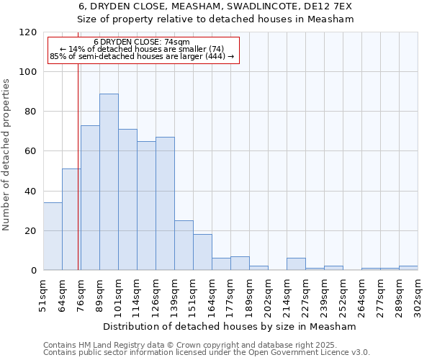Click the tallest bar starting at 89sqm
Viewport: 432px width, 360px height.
pos(109,182)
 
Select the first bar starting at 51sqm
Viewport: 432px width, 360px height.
pos(53,237)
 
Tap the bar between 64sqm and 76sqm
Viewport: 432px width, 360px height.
pos(71,220)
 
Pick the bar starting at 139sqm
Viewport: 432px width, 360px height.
pos(184,246)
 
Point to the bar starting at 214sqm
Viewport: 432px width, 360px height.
pos(296,264)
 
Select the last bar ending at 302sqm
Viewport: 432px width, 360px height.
pos(408,268)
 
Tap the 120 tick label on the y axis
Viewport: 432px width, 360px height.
pos(28,32)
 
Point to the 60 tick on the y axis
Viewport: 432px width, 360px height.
pos(31,151)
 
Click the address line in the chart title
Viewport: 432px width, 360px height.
pos(215,6)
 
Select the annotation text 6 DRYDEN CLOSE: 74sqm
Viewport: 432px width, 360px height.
pos(142,42)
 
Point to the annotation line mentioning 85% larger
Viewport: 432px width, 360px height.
pos(142,56)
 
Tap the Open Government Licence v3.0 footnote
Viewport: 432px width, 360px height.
pos(207,353)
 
